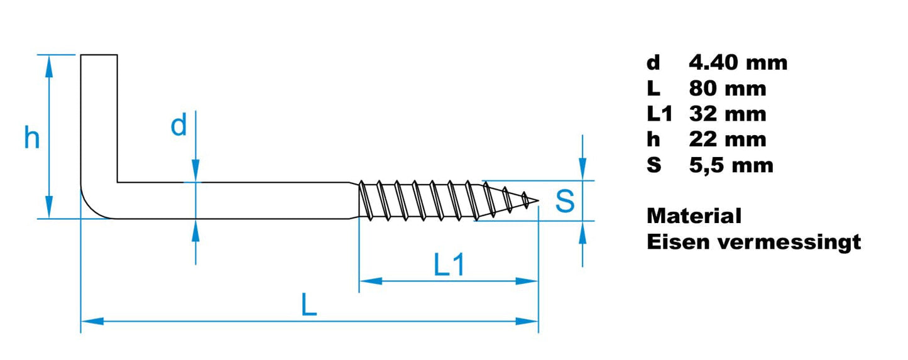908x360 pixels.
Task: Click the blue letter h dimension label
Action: (31, 138)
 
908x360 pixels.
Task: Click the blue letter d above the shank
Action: (179, 126)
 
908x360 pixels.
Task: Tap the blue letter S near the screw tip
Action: (565, 201)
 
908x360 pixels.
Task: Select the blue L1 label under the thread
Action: (449, 266)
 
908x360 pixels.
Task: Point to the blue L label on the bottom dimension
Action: (308, 306)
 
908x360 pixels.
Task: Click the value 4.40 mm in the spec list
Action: (738, 62)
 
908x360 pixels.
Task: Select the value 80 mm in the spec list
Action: (728, 89)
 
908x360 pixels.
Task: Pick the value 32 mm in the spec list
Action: (728, 114)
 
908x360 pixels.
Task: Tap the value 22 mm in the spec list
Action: (728, 139)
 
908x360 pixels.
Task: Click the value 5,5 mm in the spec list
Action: (731, 165)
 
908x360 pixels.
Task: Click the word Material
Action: (694, 216)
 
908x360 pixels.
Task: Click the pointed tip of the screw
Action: (537, 202)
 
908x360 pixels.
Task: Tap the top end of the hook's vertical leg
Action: (99, 56)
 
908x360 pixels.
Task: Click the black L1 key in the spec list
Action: (659, 114)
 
